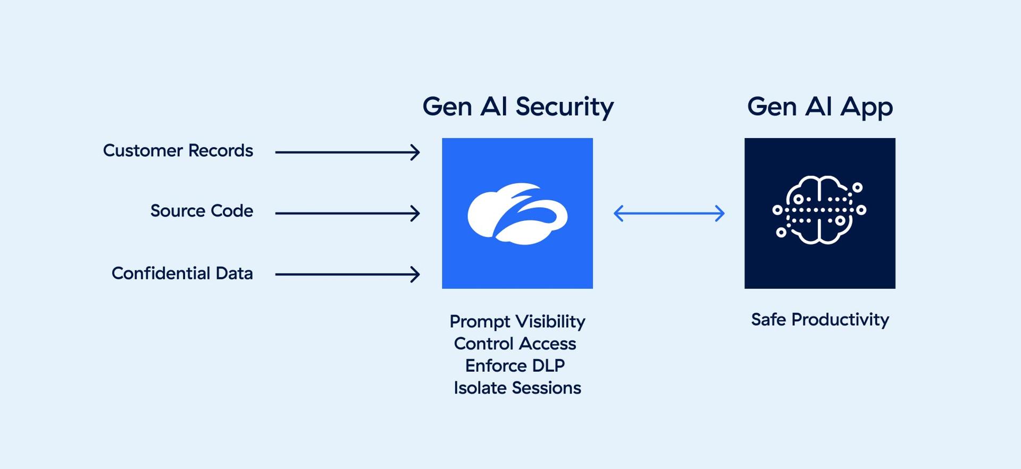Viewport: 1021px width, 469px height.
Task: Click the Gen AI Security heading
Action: click(518, 107)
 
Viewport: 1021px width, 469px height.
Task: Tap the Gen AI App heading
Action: click(819, 107)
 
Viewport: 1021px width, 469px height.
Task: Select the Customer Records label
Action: click(178, 151)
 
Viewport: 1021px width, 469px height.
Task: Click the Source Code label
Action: click(202, 211)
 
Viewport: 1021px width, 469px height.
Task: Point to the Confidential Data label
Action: click(182, 274)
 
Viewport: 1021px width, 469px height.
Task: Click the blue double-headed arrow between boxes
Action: click(668, 214)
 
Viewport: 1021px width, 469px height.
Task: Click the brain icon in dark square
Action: click(819, 210)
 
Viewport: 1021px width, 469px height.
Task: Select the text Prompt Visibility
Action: click(517, 321)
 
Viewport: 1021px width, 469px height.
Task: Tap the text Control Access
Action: click(515, 344)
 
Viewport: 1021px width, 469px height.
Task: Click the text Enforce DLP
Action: click(515, 366)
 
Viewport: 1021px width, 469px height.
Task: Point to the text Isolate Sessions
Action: click(517, 388)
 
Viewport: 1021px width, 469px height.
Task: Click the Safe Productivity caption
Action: click(819, 320)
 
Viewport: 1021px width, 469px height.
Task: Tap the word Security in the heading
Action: click(564, 107)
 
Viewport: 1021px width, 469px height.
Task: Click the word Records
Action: click(220, 151)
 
